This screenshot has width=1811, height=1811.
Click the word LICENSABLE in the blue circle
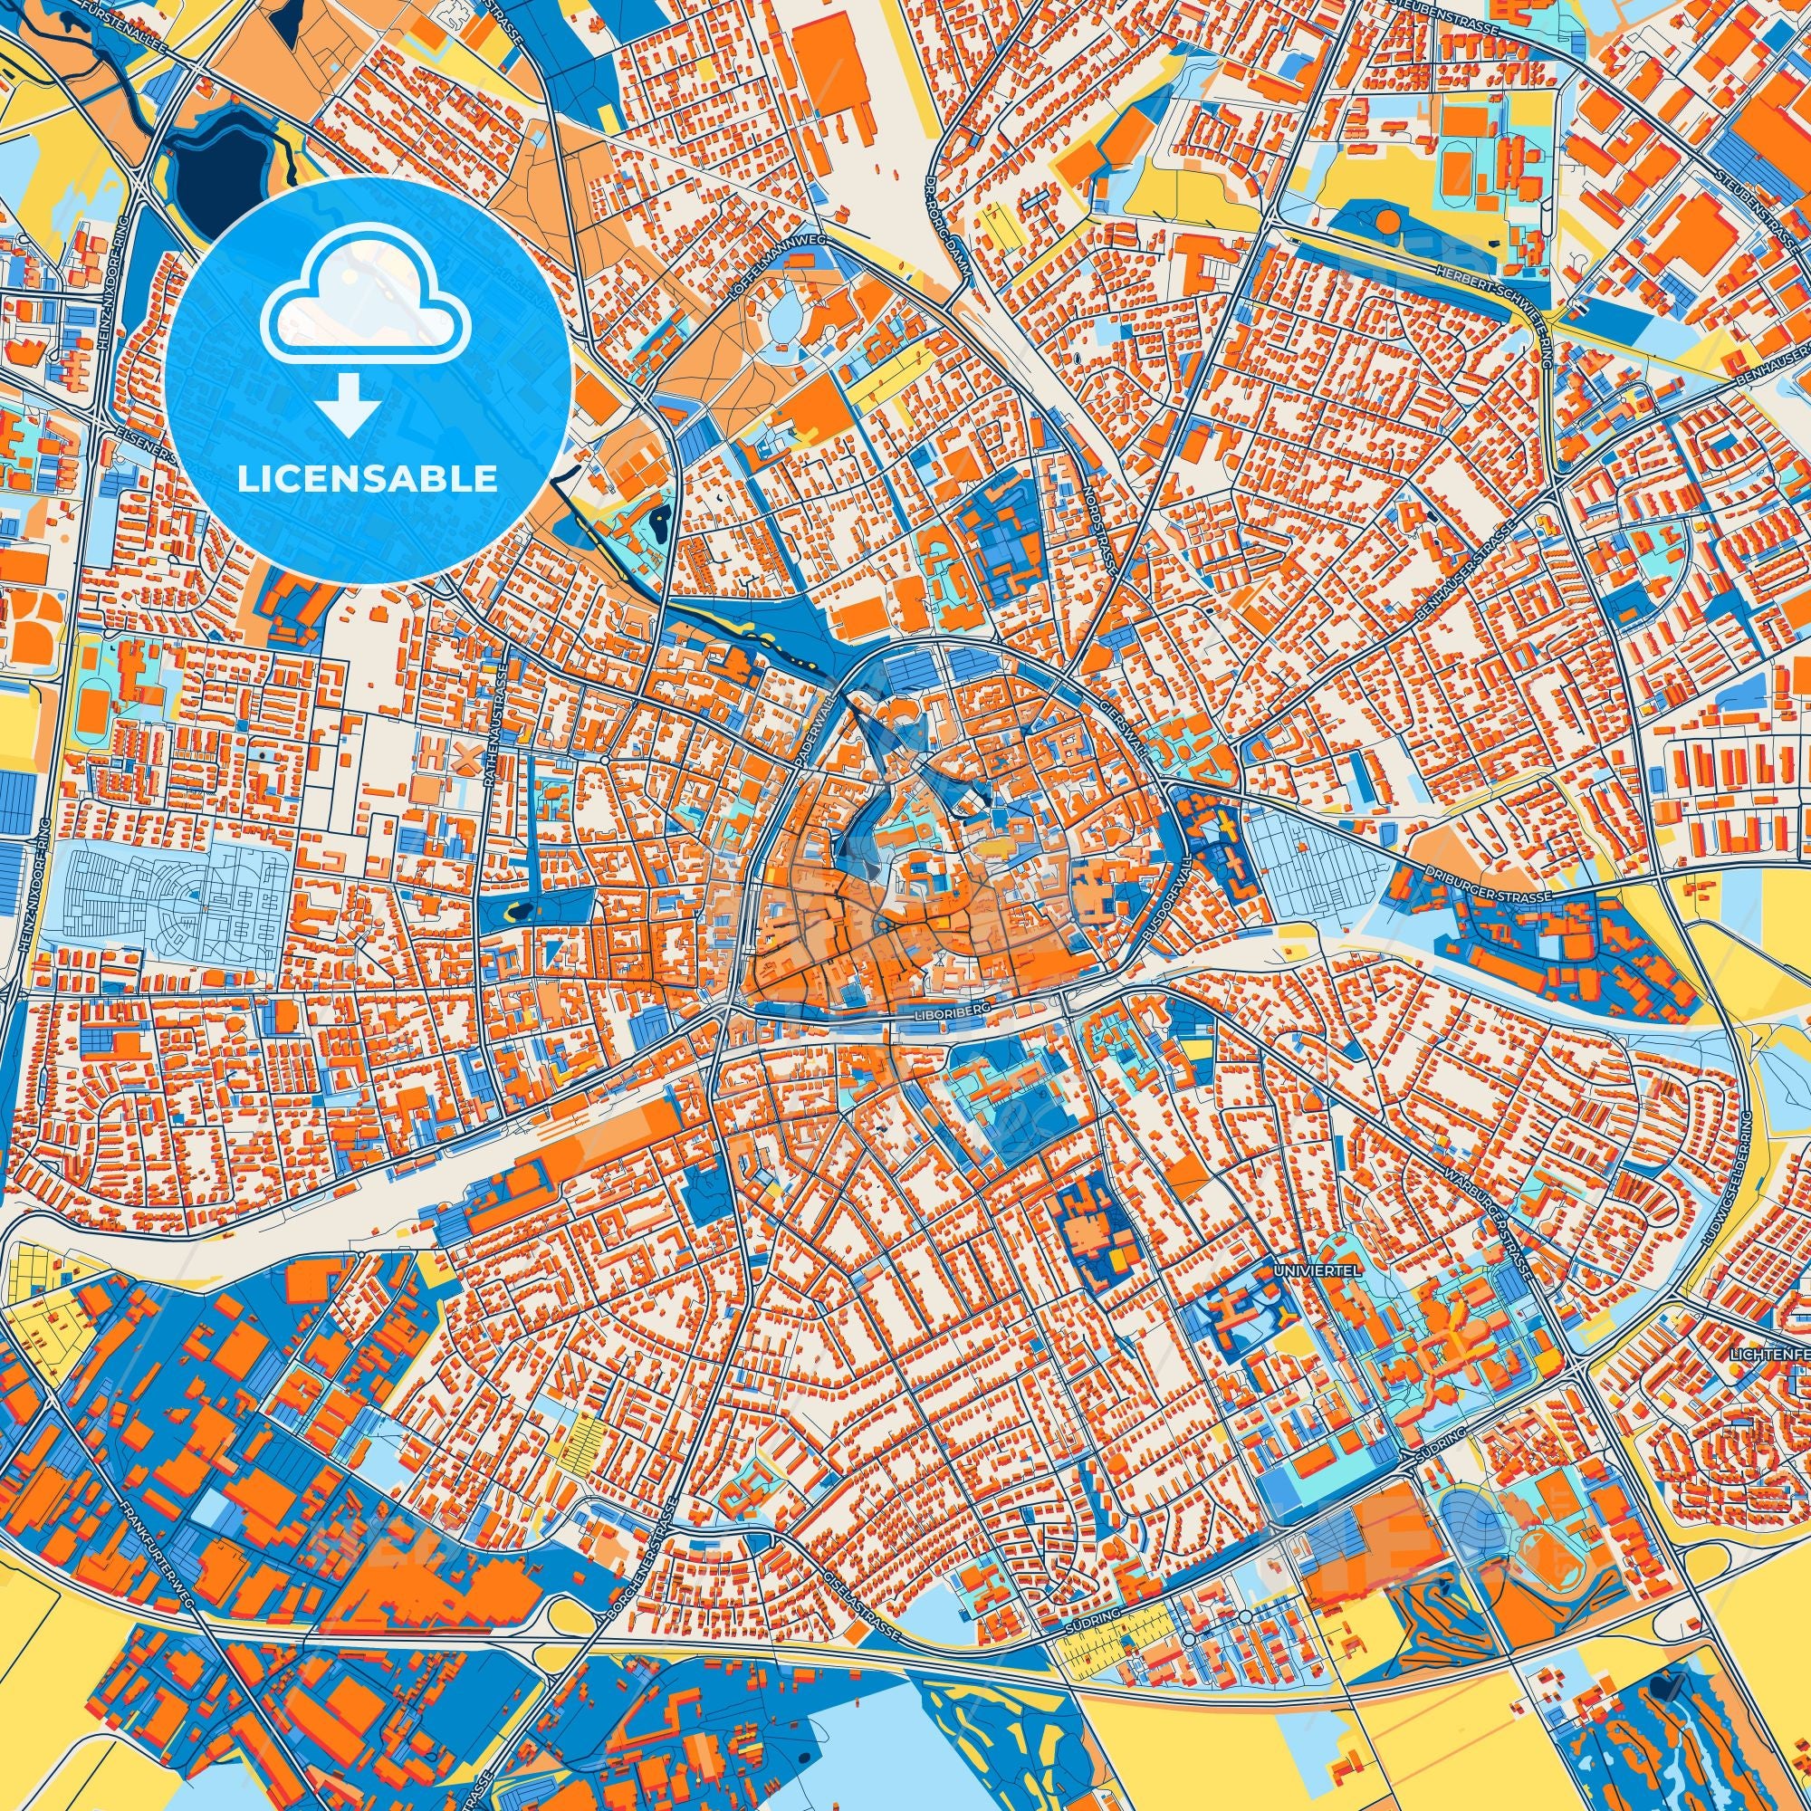pyautogui.click(x=367, y=479)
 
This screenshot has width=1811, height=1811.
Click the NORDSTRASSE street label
pyautogui.click(x=1088, y=531)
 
